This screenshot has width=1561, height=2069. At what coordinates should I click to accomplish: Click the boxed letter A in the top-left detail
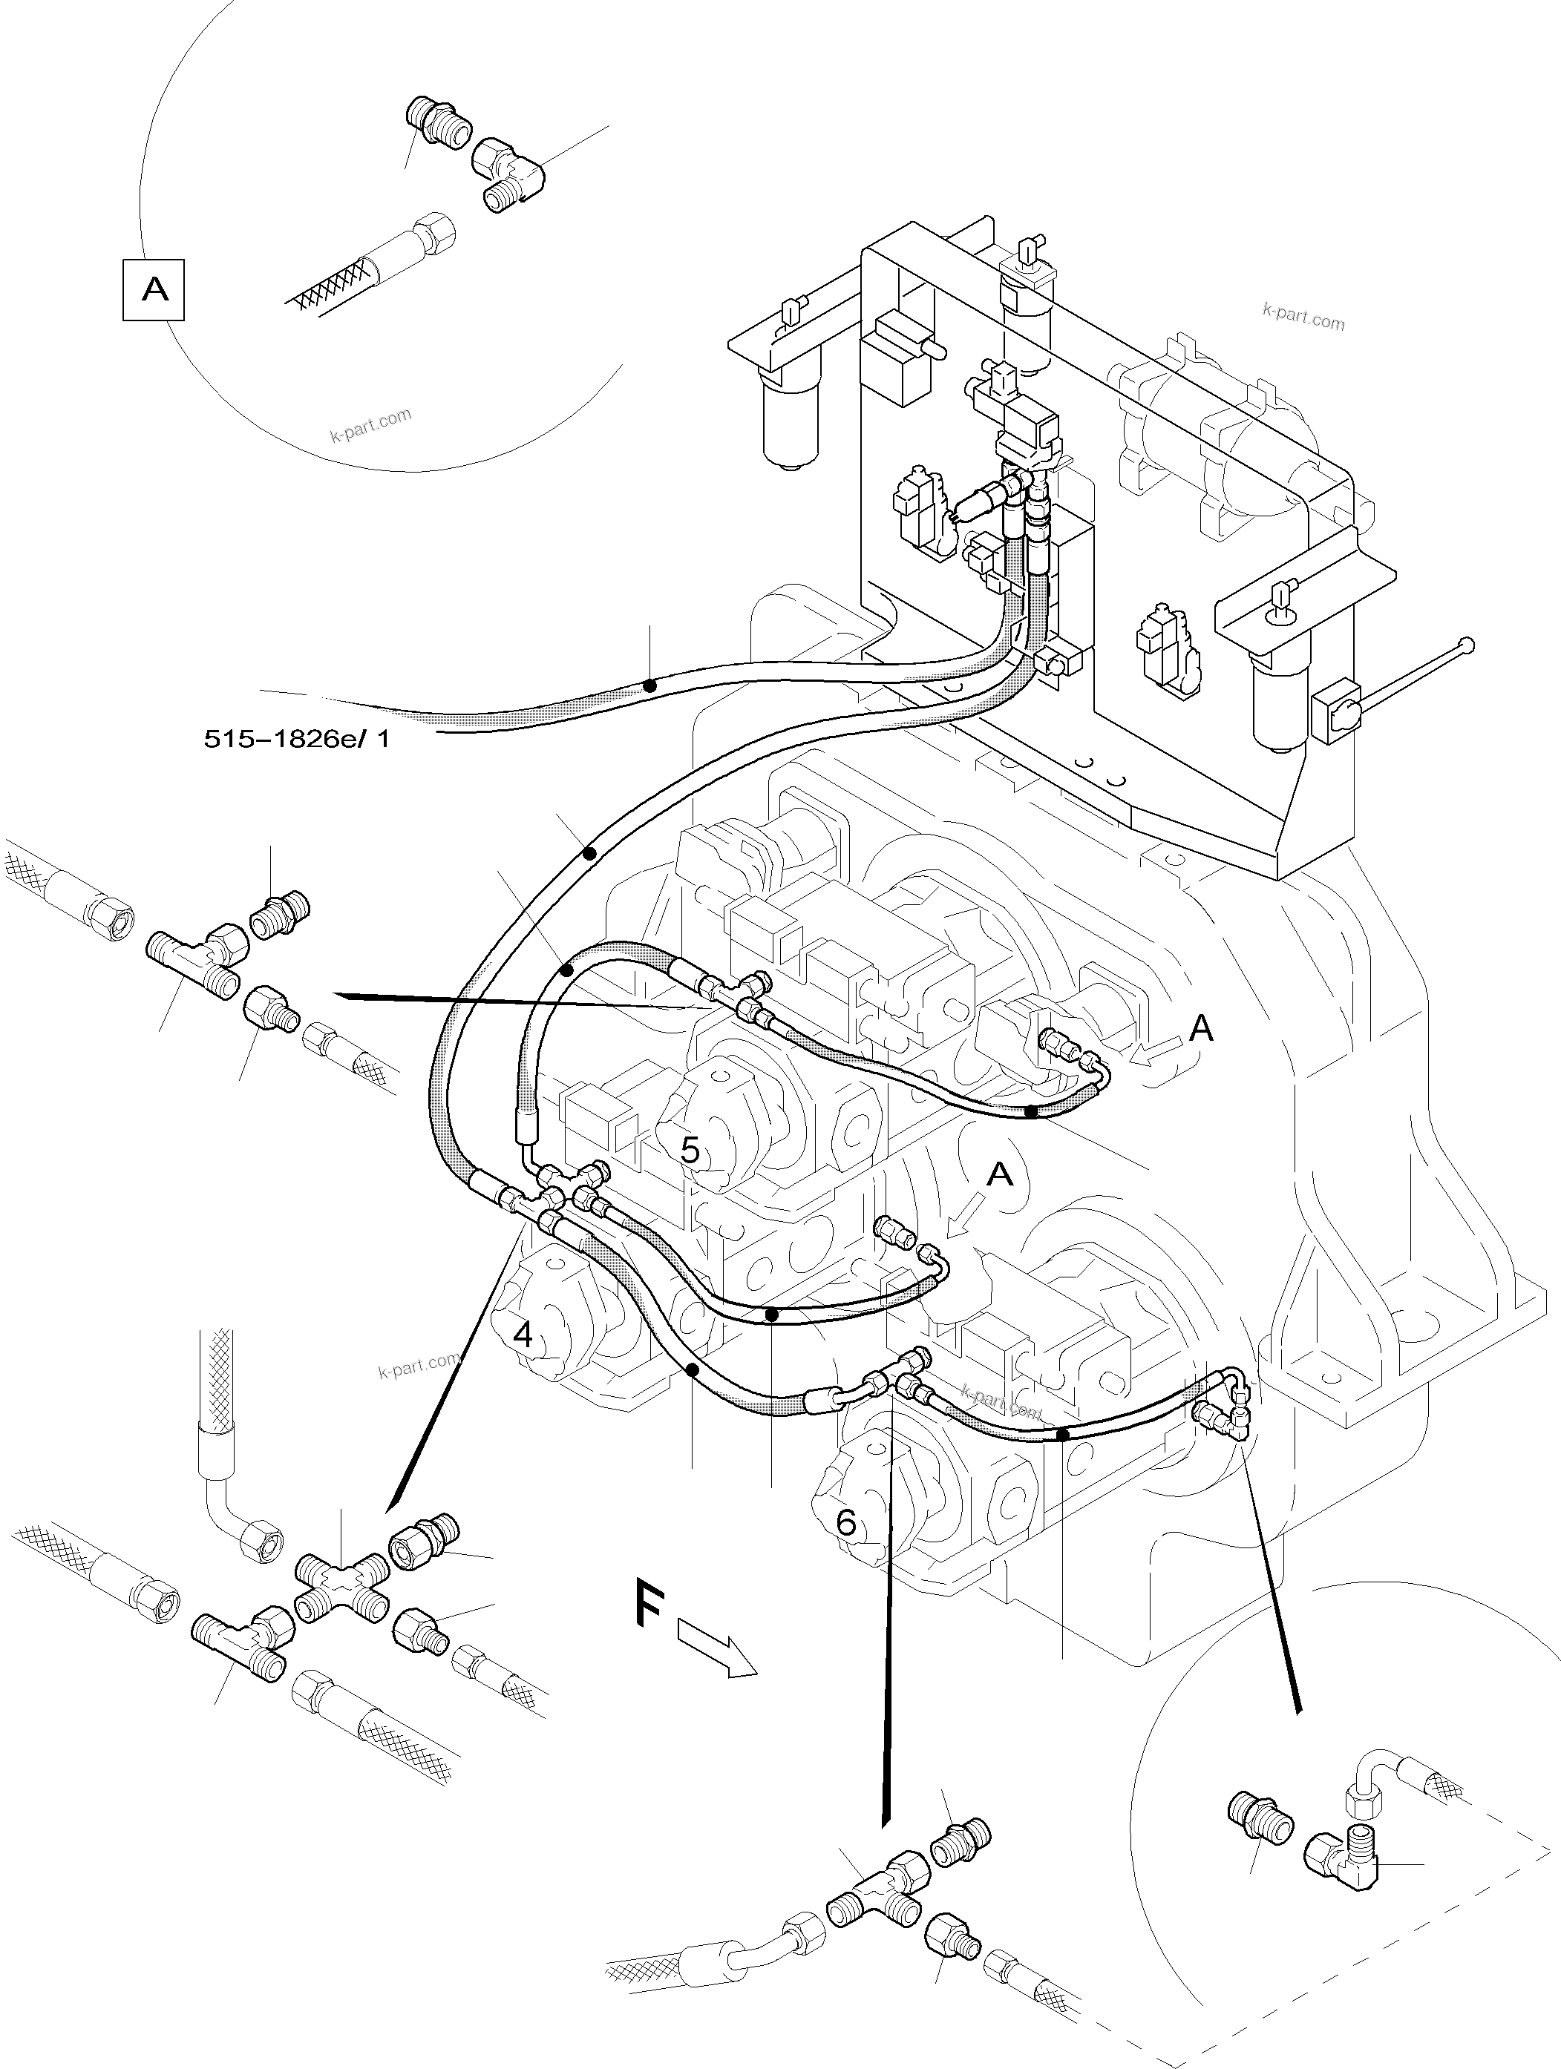(x=154, y=290)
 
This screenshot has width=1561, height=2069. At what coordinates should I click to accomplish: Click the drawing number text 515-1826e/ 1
(x=297, y=739)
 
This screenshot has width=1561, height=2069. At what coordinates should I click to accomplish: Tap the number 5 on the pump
(x=690, y=1151)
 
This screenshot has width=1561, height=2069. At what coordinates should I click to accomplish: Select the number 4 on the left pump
(x=523, y=1335)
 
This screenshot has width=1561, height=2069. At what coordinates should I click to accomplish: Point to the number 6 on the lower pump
(x=845, y=1524)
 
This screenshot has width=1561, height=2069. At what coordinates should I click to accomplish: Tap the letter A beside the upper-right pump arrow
(x=1201, y=1030)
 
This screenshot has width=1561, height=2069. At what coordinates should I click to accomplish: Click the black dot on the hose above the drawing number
(x=649, y=685)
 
